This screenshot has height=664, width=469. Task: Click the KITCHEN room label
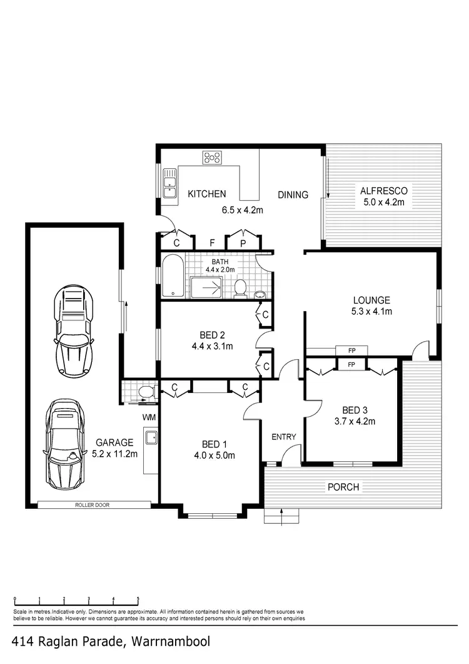click(x=207, y=194)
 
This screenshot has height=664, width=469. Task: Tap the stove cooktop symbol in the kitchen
click(x=211, y=157)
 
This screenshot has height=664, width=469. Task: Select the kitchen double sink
click(x=169, y=183)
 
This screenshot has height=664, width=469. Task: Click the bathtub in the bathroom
click(x=173, y=276)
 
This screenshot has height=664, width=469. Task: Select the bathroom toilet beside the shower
click(x=240, y=288)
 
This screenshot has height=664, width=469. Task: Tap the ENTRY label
click(x=283, y=437)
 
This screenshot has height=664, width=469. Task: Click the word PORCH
click(x=343, y=487)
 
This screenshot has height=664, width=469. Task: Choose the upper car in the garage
click(x=74, y=328)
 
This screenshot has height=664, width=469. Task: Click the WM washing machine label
click(x=149, y=416)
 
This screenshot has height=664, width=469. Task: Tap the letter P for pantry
click(x=243, y=242)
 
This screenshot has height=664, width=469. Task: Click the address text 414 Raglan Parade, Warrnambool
click(x=111, y=641)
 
